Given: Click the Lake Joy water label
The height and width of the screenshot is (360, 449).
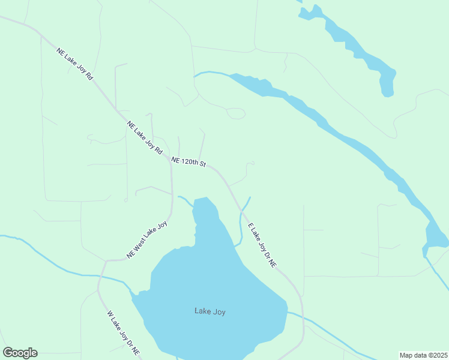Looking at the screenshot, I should [210, 311].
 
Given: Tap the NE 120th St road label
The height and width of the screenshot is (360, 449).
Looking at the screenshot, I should [188, 162].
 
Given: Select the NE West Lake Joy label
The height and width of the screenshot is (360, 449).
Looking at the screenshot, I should [146, 240].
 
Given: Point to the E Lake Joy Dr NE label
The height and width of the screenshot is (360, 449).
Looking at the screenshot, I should [262, 245].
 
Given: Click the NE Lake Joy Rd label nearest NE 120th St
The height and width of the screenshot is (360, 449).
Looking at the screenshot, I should [145, 139].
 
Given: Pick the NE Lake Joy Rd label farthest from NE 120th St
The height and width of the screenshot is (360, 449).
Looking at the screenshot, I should [74, 65].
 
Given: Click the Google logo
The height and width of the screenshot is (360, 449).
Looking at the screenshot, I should [20, 353].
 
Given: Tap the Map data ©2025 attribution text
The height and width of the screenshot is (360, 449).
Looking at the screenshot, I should [423, 355].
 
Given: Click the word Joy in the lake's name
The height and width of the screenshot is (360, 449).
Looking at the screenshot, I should [218, 311].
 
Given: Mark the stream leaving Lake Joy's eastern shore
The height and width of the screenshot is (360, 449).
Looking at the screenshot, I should [324, 327].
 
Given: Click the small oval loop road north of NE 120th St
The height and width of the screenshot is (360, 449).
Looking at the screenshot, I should [236, 113].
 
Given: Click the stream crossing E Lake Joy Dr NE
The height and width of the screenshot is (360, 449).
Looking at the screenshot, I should [241, 211].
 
